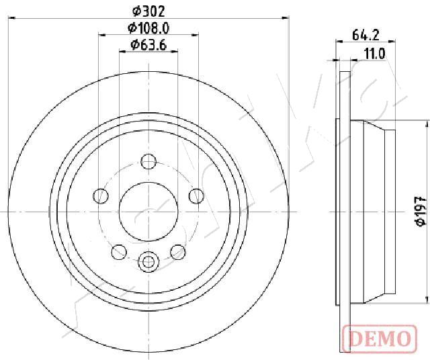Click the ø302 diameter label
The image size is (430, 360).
coord(148,11)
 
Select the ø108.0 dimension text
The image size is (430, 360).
coord(148,28)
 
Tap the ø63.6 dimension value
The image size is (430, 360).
coord(148,45)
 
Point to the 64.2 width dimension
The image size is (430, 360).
coord(365,35)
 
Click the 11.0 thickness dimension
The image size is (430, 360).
coord(375,54)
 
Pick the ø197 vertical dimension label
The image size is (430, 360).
coord(421,211)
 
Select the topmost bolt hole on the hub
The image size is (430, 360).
coord(148,161)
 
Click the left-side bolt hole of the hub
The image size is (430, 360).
coord(101,196)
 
